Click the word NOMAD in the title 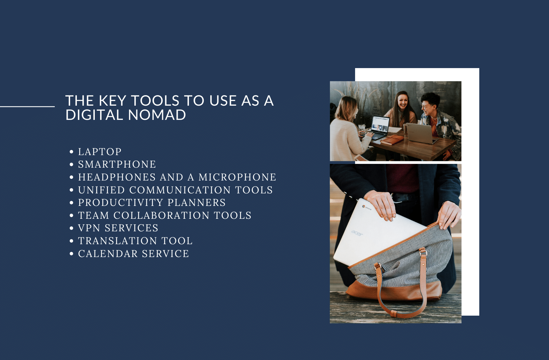(x=157, y=115)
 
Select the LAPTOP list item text (x=100, y=152)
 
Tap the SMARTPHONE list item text (x=117, y=164)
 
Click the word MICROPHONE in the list (x=237, y=177)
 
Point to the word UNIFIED (x=102, y=190)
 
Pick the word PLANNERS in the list (x=197, y=203)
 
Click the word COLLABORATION (x=161, y=215)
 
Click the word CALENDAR (x=108, y=254)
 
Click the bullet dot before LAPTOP (x=71, y=152)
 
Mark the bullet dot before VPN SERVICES (x=71, y=228)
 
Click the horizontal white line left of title (x=27, y=107)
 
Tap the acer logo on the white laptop (x=357, y=233)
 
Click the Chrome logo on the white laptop (x=364, y=207)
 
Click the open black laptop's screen (x=380, y=124)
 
